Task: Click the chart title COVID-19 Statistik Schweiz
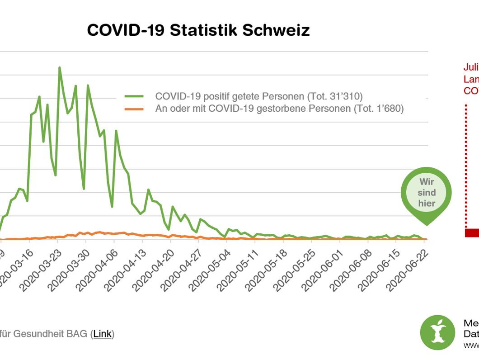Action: tap(198, 30)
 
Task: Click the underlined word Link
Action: tap(103, 334)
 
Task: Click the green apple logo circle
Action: tap(437, 332)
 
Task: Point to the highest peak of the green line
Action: tap(59, 68)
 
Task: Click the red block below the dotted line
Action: tap(472, 232)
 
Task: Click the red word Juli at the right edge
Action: tap(471, 67)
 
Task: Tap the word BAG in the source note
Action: tap(78, 334)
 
